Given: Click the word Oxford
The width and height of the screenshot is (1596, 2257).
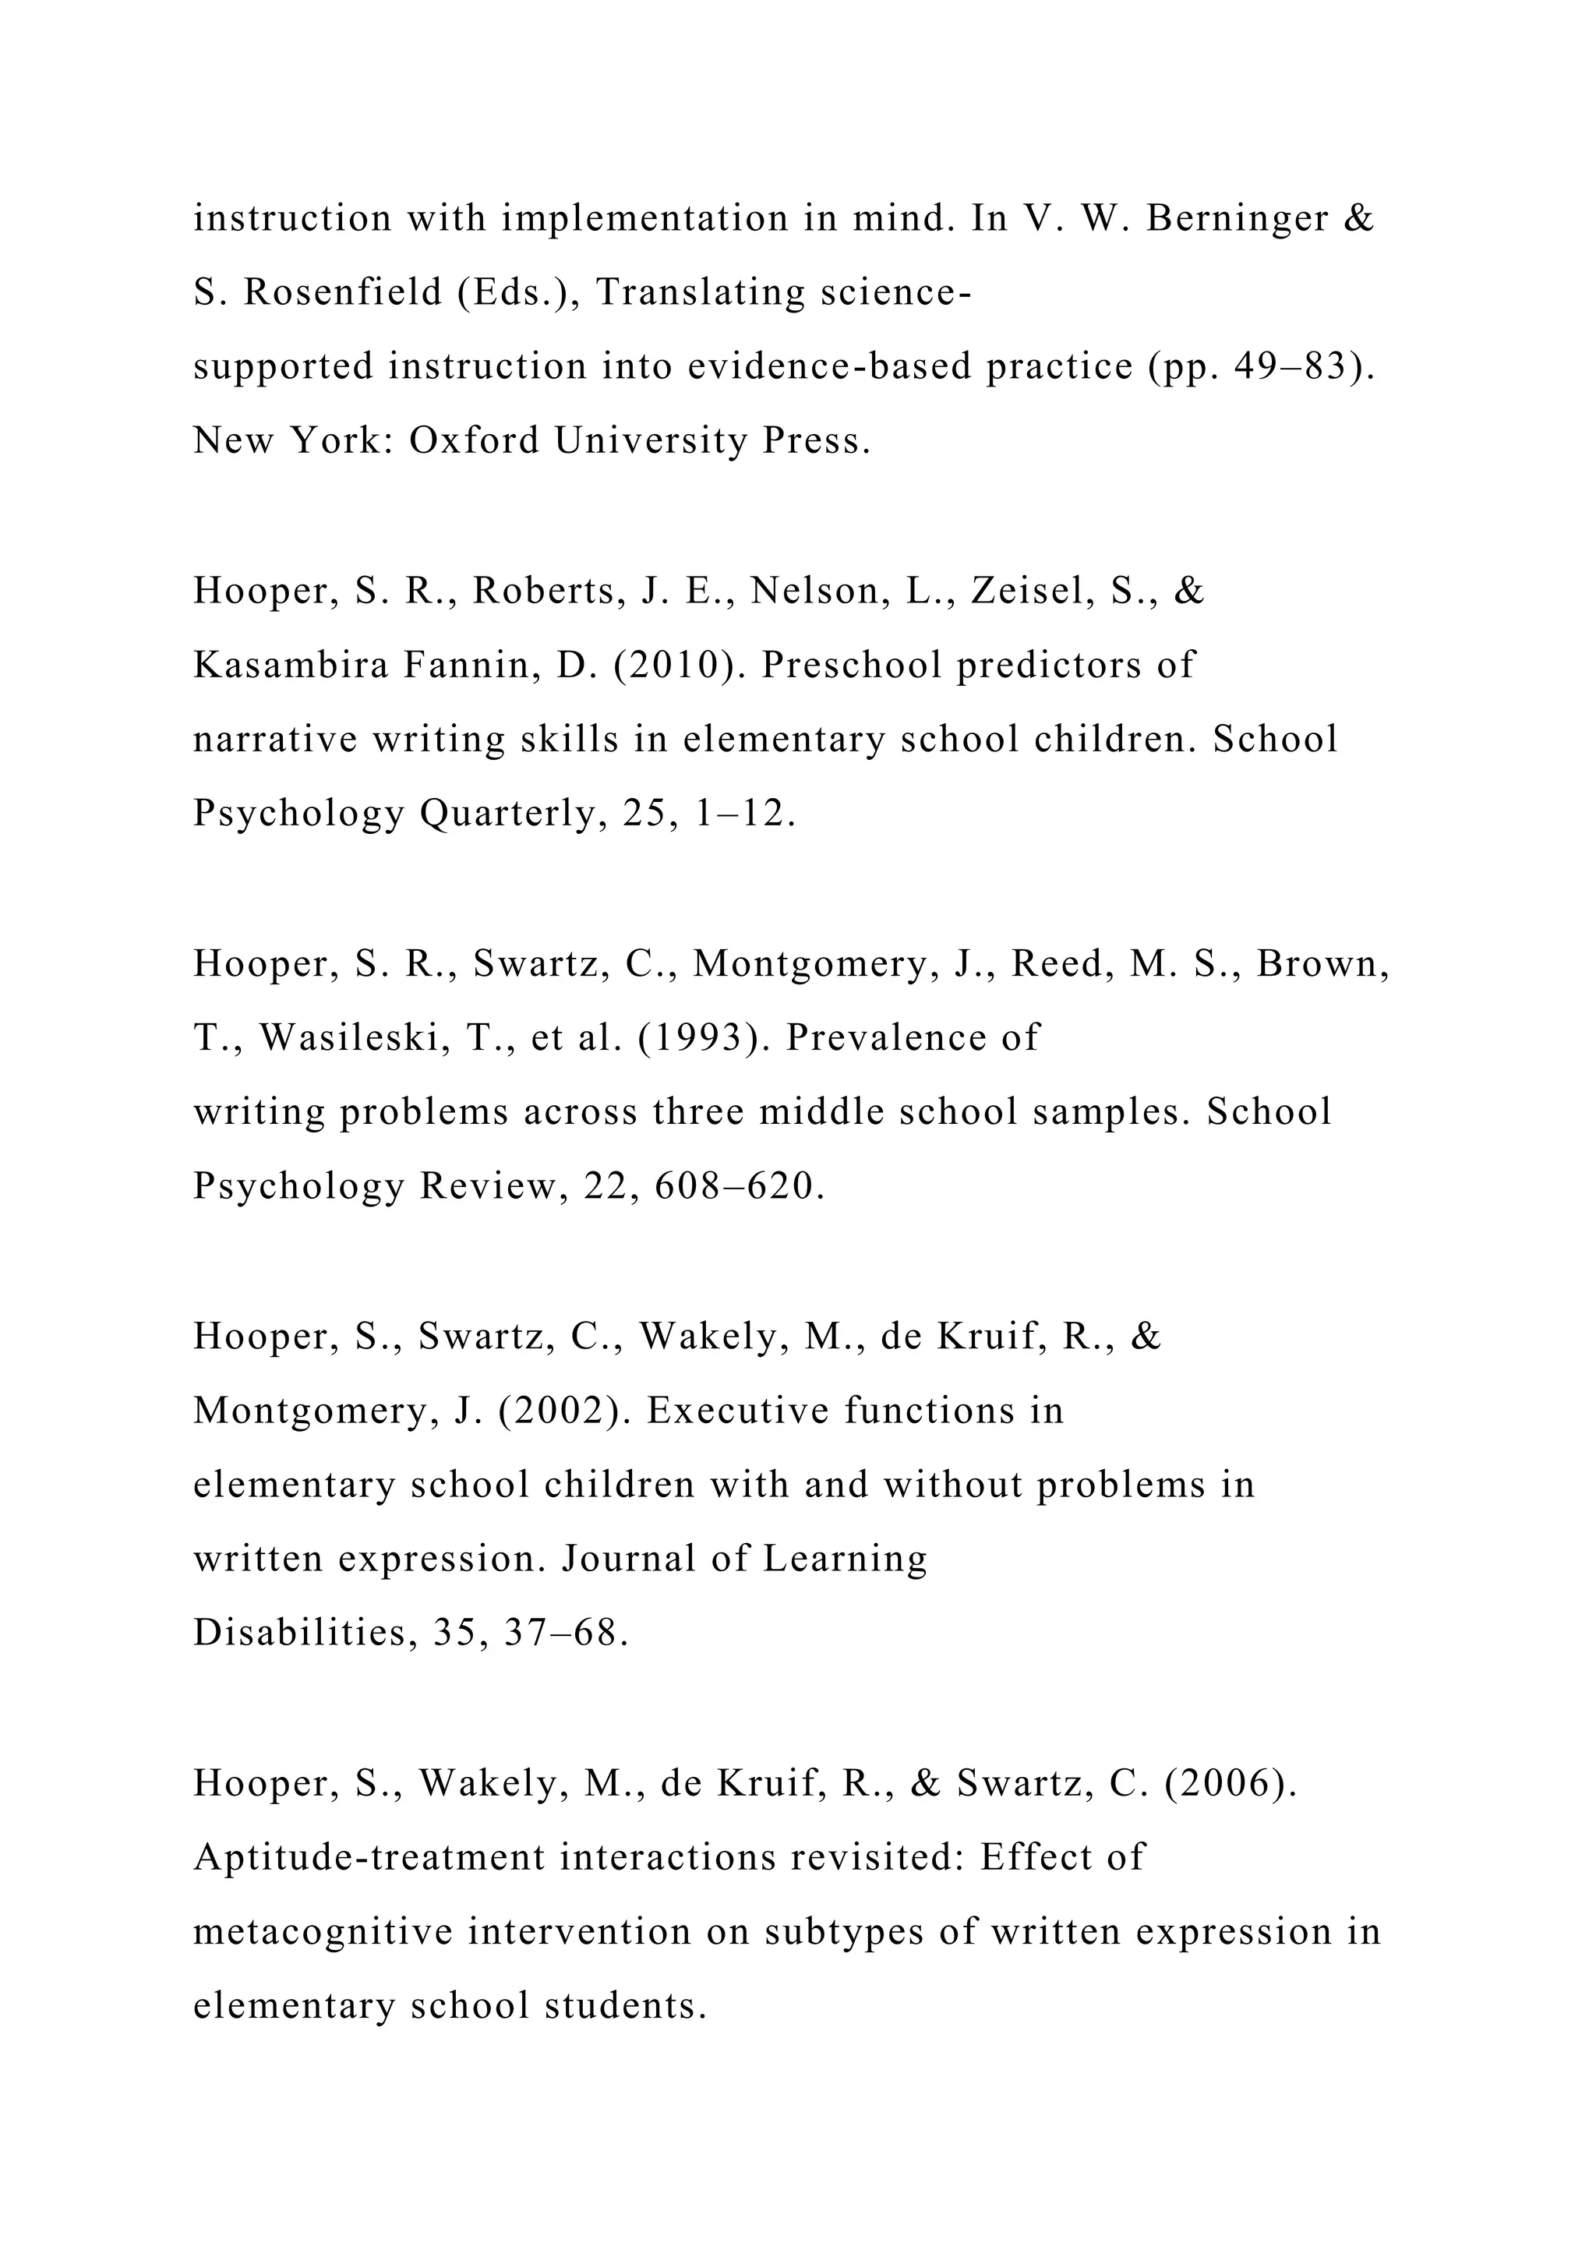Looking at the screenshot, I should click(475, 440).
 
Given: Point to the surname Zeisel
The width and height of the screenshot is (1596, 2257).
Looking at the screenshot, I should click(1032, 591).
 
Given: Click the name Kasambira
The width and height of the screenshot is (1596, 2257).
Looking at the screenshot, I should click(291, 666).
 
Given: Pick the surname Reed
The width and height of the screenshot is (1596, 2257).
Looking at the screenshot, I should click(1062, 964).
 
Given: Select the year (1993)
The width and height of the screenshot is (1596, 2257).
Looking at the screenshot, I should click(704, 1038).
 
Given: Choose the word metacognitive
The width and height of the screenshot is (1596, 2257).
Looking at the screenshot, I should click(323, 1932).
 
